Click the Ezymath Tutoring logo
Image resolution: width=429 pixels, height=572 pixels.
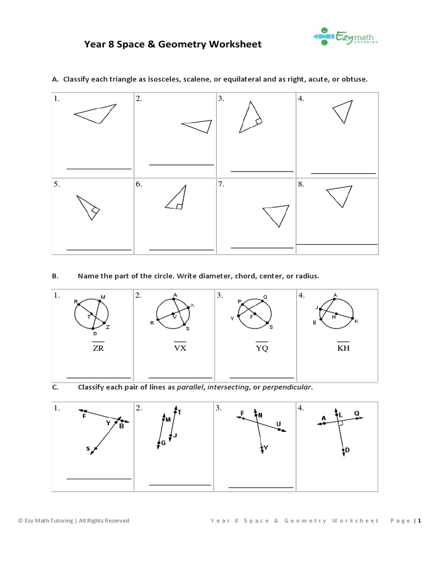[x=345, y=36]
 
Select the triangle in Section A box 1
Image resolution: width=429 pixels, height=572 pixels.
[x=94, y=113]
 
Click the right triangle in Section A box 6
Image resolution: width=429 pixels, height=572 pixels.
[x=176, y=198]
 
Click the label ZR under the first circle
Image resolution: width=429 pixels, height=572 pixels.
[x=98, y=348]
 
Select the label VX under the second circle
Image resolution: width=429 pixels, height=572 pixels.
[x=179, y=348]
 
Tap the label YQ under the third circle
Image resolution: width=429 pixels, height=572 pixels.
[x=261, y=348]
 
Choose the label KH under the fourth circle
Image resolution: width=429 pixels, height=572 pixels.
[x=342, y=348]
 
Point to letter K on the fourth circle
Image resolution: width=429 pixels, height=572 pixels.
[x=356, y=321]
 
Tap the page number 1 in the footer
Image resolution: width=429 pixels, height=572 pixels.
[x=418, y=521]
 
